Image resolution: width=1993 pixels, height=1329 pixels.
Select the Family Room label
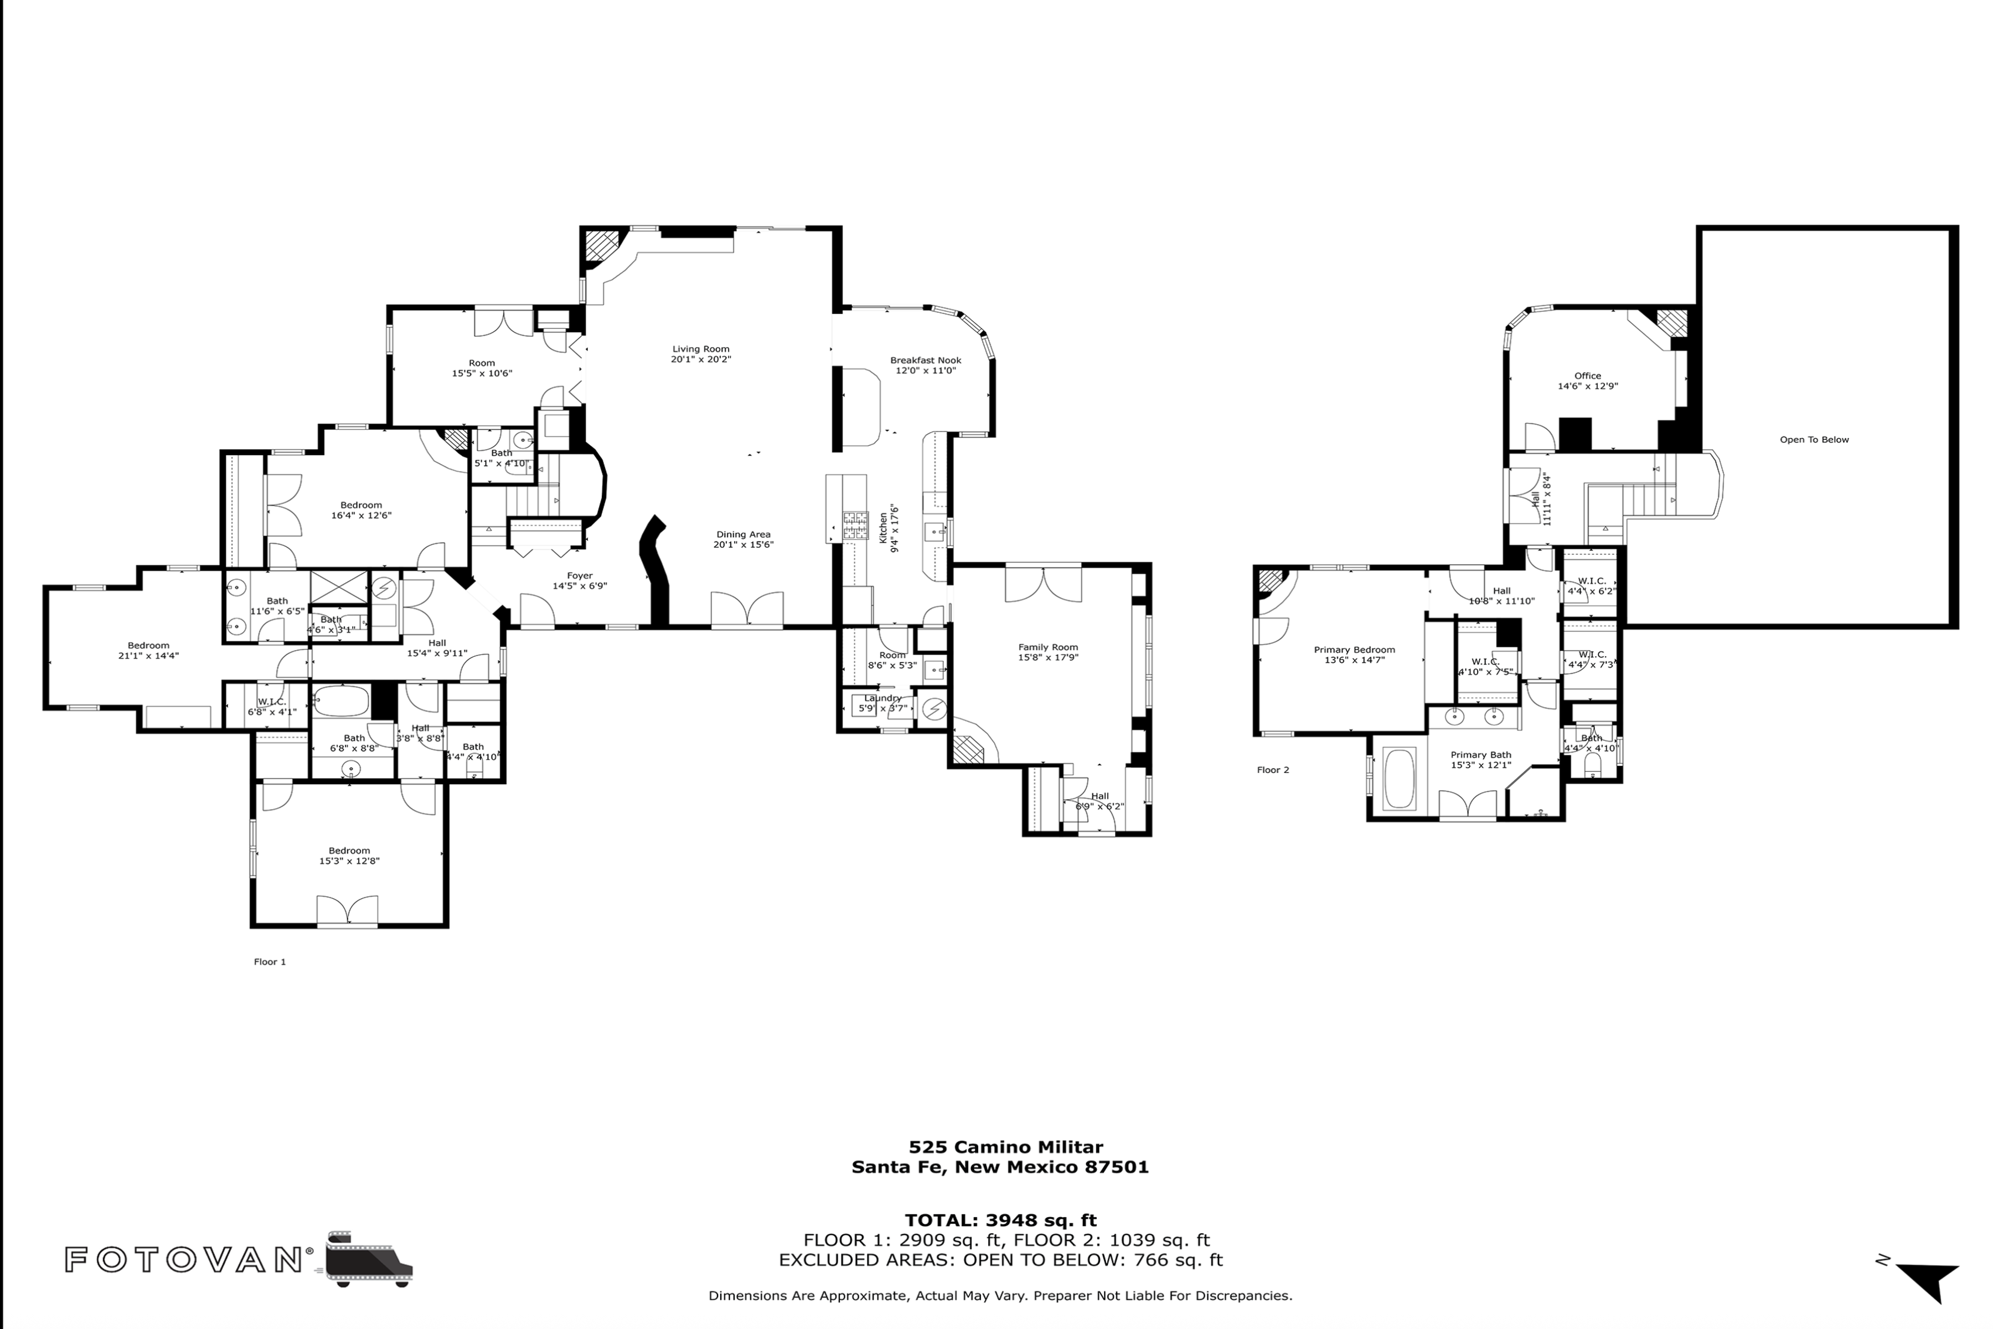(1047, 647)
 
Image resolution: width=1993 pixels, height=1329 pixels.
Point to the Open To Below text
(1814, 439)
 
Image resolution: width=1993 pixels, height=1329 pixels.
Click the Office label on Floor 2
(1587, 375)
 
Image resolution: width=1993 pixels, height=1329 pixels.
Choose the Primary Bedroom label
(1354, 649)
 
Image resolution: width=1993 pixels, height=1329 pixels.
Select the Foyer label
(580, 575)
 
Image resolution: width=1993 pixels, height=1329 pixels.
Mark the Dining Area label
(742, 534)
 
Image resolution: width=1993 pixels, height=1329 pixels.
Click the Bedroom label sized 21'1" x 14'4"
(148, 645)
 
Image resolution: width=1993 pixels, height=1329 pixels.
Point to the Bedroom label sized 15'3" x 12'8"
(349, 850)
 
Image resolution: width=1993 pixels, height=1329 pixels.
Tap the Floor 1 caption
(270, 961)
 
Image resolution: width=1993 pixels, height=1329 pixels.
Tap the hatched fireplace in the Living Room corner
(602, 246)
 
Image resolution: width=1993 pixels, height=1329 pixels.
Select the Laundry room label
(882, 698)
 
